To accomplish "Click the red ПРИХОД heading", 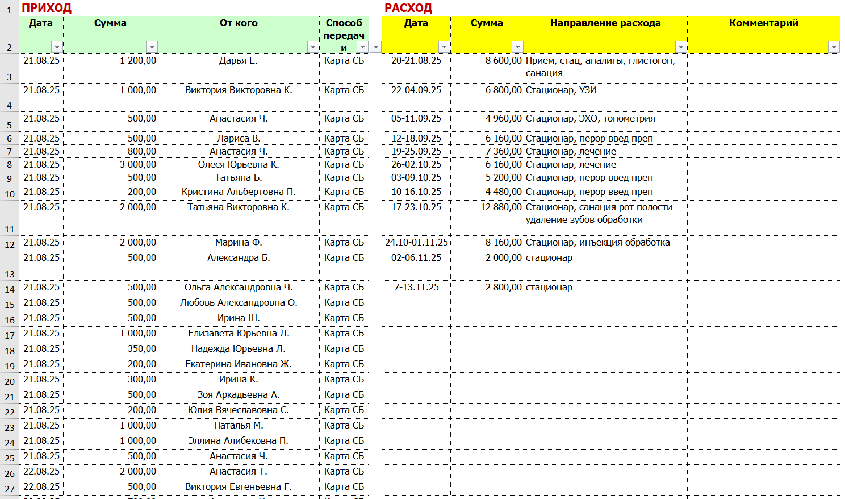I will coord(47,8).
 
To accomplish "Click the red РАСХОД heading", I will coord(408,8).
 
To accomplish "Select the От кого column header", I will coord(239,23).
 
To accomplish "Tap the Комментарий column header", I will coord(763,23).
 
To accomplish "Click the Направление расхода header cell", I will coord(605,23).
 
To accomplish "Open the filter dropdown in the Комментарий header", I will coord(833,47).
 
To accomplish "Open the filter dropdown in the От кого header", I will coord(313,47).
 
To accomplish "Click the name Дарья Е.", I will coord(239,61).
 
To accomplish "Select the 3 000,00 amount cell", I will coord(138,165).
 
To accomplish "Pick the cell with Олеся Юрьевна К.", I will coord(239,165).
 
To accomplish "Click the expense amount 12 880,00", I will coord(501,207).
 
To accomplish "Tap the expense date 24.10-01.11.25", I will coord(416,243).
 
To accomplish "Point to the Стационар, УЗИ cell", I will coord(561,90).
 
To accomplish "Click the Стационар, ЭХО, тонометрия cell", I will coord(591,119).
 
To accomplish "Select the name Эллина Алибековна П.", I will coord(239,441).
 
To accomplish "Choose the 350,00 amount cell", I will coord(142,349).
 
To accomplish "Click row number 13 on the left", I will coord(10,274).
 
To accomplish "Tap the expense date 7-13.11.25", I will coord(416,288).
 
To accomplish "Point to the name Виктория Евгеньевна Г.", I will coord(239,487).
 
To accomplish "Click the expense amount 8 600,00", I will coord(503,61).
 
